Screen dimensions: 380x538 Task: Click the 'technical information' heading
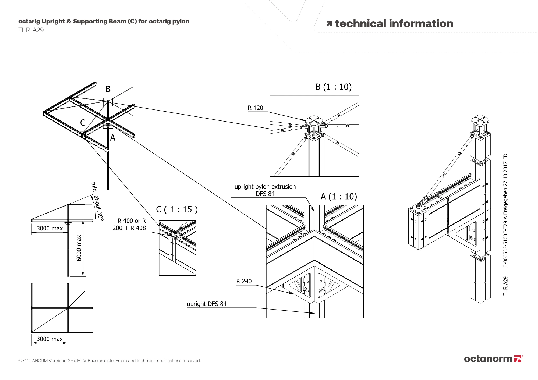point(394,24)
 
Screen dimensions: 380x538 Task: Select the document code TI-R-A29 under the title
point(31,30)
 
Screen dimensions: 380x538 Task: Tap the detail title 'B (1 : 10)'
point(333,87)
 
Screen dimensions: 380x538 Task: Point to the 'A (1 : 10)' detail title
point(339,197)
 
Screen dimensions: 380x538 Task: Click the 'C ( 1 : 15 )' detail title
point(177,209)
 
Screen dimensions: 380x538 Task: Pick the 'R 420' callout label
point(255,108)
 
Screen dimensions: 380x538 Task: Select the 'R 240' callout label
point(244,281)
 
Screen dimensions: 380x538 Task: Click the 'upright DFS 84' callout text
point(207,304)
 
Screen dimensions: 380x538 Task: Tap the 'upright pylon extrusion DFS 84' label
point(265,190)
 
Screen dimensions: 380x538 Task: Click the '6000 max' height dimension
point(79,248)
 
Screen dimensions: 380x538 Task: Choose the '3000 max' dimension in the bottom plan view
point(49,339)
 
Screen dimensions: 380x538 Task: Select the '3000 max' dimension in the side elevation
point(49,229)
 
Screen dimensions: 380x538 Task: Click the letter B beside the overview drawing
point(108,89)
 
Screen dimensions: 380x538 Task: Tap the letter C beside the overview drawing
point(83,123)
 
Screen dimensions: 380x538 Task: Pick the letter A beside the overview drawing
point(113,138)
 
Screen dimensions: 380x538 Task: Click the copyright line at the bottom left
point(109,361)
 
